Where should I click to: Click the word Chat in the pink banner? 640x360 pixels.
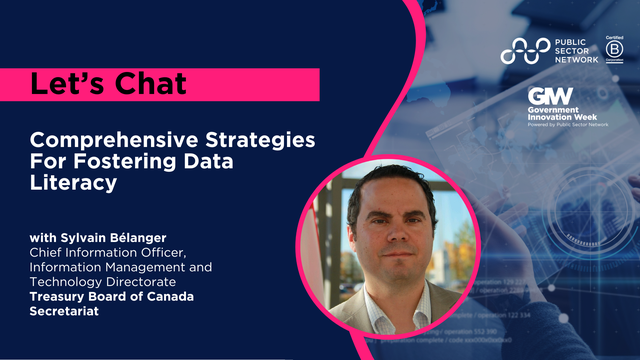tap(145, 84)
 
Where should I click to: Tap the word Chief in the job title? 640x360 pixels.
tap(51, 252)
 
